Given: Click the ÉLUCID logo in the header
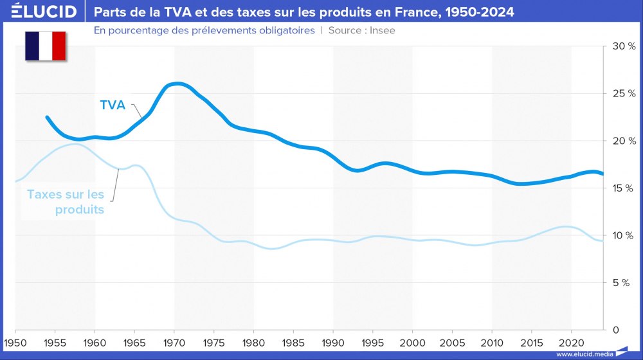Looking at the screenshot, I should click(x=44, y=12).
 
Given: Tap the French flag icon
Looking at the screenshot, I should click(x=46, y=46).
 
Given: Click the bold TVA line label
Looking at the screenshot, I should click(x=113, y=105).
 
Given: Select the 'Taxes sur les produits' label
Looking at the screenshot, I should click(x=66, y=201).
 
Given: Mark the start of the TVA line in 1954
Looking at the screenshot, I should click(x=48, y=118).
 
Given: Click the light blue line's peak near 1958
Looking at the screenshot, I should click(x=77, y=145).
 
